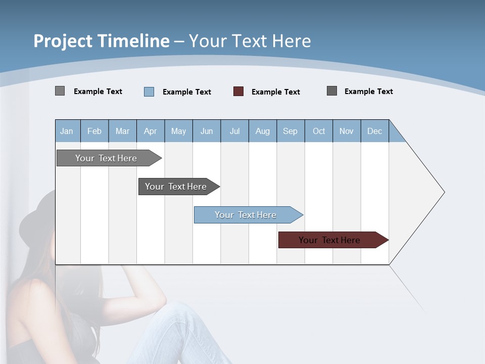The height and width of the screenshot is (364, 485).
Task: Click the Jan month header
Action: point(67,131)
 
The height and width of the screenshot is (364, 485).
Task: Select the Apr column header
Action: point(151,131)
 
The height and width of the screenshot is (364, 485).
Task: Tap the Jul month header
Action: point(234,131)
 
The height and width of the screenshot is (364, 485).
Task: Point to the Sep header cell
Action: point(290,131)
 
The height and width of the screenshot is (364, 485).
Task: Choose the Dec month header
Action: point(374,131)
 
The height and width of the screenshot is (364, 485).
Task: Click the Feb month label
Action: point(94,131)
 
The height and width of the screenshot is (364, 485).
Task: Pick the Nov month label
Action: point(347,131)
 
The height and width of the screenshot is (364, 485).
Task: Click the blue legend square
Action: point(149,92)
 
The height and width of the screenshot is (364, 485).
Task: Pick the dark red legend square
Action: point(238,92)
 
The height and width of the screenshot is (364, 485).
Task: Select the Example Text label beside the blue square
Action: point(187,92)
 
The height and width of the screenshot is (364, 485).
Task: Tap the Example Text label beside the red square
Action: point(276,92)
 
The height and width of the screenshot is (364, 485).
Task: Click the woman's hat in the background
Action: point(38,217)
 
